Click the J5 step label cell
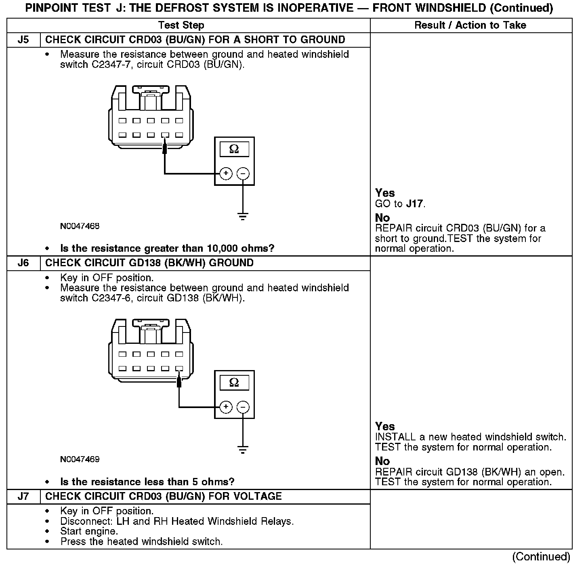[x=23, y=40]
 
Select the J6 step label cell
[x=23, y=263]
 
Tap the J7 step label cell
[x=23, y=497]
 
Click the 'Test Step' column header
[x=181, y=25]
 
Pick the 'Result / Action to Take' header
[x=470, y=25]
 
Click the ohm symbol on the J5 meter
[x=234, y=149]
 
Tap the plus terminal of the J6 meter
[x=226, y=407]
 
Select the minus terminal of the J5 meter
[x=243, y=174]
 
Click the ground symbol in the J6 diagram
[x=243, y=450]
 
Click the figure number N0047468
[x=80, y=226]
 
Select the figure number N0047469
[x=80, y=459]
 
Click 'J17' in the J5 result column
[x=415, y=204]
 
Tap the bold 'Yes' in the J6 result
[x=385, y=426]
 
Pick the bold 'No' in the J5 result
[x=382, y=218]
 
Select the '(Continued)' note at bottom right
[x=541, y=557]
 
